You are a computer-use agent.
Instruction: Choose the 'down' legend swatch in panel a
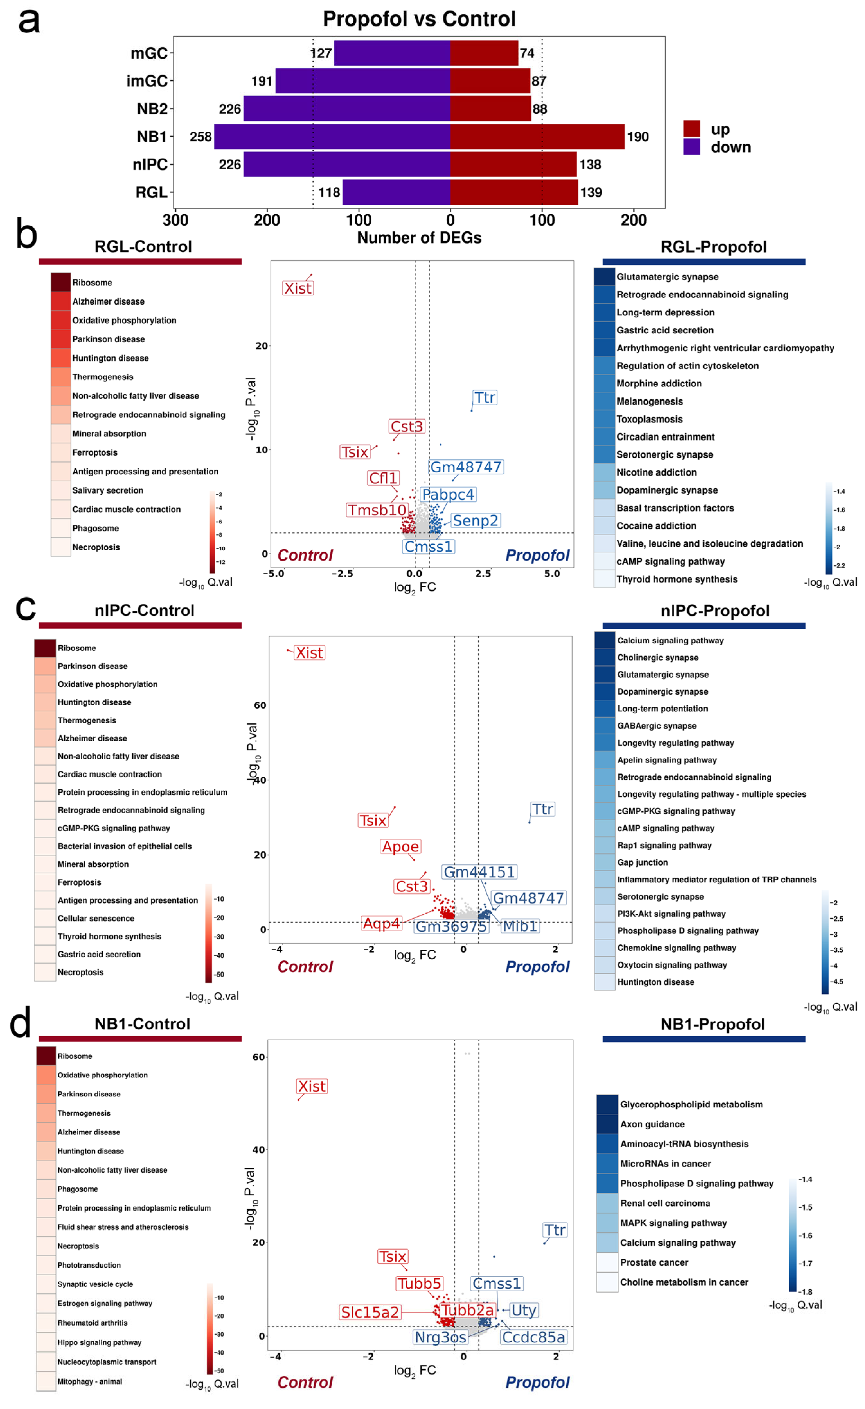pyautogui.click(x=692, y=147)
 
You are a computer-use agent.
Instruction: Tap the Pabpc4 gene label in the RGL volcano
pyautogui.click(x=448, y=495)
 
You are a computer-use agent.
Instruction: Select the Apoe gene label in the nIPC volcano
pyautogui.click(x=400, y=846)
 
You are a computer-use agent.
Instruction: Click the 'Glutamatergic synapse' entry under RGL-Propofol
pyautogui.click(x=667, y=277)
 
